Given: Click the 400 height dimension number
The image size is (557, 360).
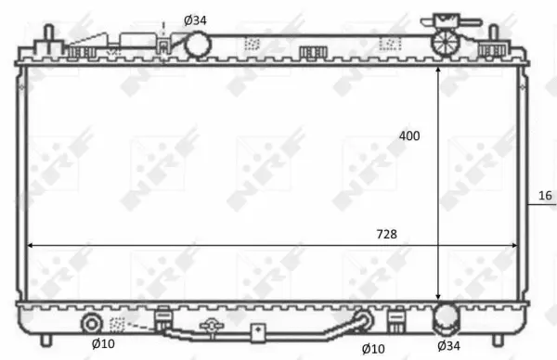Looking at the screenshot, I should (409, 136).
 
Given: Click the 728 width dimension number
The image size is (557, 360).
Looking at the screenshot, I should (386, 234).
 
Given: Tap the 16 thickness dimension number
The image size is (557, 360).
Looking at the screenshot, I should (545, 195).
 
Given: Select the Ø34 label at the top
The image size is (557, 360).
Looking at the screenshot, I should (195, 20).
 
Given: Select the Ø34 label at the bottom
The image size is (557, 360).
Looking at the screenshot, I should (448, 347).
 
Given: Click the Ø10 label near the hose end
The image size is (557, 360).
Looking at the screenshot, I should (373, 348).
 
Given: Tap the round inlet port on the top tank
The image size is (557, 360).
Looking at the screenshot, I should (197, 44).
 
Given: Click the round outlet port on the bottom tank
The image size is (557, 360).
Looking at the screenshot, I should (447, 319).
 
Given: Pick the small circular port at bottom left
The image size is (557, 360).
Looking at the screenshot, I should (92, 324).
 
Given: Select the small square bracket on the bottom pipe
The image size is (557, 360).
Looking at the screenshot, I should (257, 330).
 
